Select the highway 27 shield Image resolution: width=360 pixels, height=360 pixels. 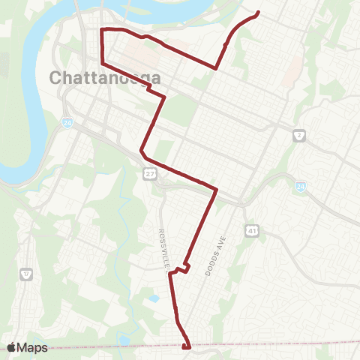151,174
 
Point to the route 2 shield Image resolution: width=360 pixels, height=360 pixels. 298,136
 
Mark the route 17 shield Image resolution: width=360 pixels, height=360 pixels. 28,273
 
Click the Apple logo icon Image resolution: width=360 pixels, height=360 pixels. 12,347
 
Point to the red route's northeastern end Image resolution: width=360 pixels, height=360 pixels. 258,12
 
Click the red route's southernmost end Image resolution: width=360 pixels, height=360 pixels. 185,347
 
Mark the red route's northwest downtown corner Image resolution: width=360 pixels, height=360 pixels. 102,29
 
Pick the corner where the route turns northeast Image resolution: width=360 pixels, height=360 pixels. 216,68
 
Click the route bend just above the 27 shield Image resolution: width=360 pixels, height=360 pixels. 141,152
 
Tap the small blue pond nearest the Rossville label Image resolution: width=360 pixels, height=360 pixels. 154,298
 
